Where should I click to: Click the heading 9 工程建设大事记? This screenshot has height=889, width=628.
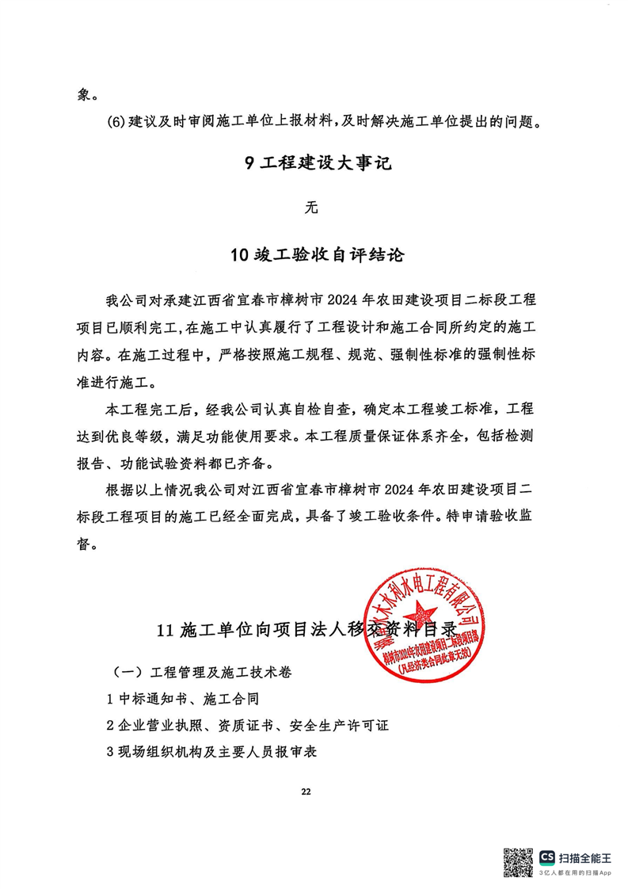pos(314,164)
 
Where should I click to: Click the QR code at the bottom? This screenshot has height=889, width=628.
pos(519,861)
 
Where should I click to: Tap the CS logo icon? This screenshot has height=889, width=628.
pos(547,857)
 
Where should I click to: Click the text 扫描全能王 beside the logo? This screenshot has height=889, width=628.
pos(585,857)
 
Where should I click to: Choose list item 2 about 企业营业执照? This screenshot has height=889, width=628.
pos(248,725)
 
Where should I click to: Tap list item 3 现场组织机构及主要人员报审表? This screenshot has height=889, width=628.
pos(211,752)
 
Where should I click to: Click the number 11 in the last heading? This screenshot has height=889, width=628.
pos(166,631)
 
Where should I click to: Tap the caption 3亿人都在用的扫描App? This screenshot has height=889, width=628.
pos(576,872)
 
